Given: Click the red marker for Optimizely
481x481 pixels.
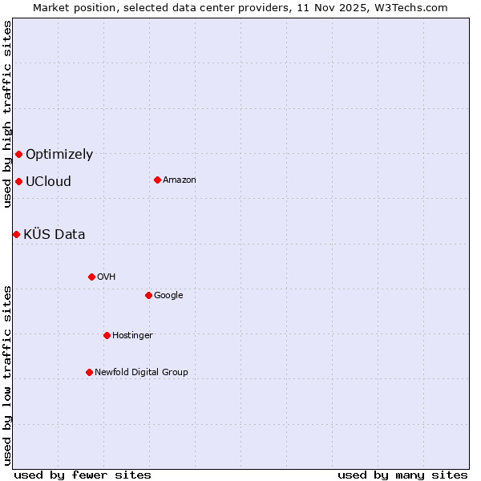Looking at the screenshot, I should (18, 154).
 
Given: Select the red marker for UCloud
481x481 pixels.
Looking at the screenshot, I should (18, 181).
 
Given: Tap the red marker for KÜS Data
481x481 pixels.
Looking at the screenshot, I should (16, 234).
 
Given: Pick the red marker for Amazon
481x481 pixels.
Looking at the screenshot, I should (157, 180).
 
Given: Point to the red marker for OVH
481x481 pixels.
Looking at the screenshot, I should (91, 277).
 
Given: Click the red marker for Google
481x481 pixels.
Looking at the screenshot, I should (148, 295).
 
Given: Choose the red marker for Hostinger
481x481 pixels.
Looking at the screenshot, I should (107, 335).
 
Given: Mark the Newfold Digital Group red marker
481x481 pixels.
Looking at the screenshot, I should (89, 372).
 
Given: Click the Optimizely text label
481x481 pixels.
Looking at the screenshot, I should (59, 155).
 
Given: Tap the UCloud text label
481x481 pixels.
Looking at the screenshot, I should (48, 182).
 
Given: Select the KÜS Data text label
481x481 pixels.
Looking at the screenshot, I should (55, 235).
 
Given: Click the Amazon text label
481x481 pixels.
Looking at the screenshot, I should (180, 180).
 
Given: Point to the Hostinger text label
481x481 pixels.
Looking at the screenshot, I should (132, 335).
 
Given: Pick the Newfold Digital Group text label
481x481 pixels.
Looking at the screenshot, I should (141, 372).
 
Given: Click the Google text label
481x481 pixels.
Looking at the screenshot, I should (168, 296).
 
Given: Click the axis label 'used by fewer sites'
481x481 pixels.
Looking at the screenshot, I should (83, 475).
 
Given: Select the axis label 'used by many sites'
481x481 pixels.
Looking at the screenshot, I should (402, 475).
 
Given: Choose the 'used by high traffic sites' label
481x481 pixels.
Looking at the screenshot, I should (7, 114).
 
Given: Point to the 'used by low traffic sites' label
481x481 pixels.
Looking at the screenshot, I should (7, 374).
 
